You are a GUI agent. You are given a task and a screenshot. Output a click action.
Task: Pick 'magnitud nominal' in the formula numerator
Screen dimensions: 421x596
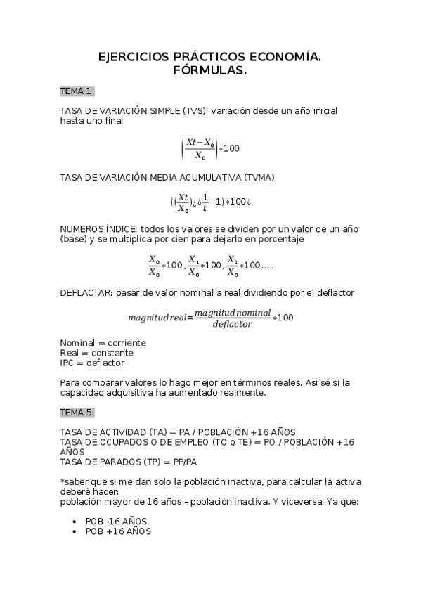pyautogui.click(x=232, y=312)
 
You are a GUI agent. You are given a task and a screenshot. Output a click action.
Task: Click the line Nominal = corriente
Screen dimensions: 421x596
pyautogui.click(x=103, y=343)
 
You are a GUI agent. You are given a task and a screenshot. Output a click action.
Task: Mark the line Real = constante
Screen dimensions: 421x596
pyautogui.click(x=97, y=353)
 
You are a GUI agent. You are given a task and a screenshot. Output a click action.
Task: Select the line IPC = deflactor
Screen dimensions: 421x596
pyautogui.click(x=92, y=363)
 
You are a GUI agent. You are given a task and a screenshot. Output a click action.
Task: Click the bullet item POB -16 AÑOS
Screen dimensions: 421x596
pyautogui.click(x=117, y=522)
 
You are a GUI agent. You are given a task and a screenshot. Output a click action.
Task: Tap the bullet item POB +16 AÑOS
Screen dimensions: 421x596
pyautogui.click(x=117, y=532)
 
